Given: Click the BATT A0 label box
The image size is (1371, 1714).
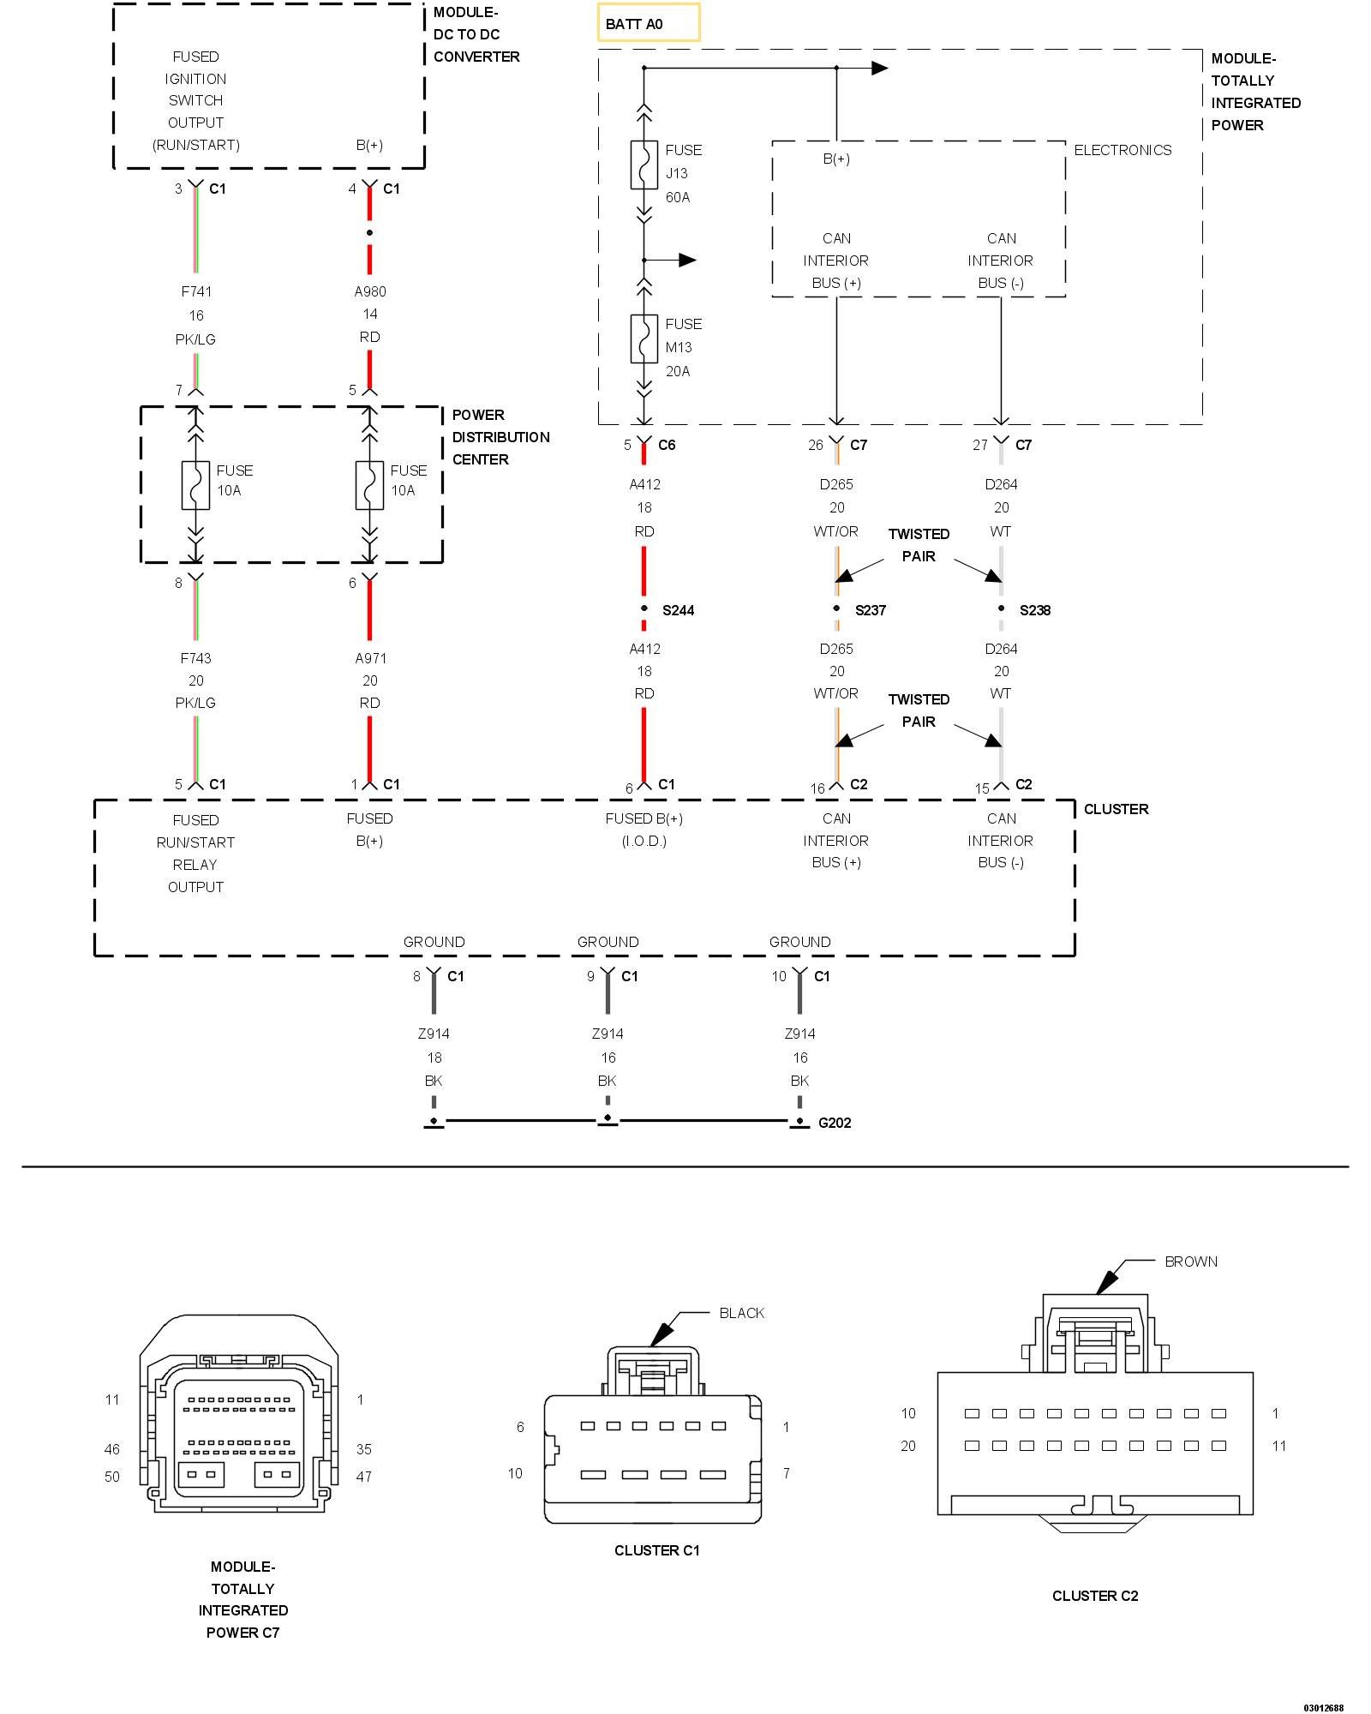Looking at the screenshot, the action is tap(649, 23).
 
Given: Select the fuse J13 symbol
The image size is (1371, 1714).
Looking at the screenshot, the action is tap(644, 165).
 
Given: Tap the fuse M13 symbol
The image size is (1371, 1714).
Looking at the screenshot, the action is tap(644, 339).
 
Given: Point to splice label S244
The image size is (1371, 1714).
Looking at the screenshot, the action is tap(678, 610).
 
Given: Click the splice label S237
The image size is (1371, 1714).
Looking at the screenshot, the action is tap(870, 610).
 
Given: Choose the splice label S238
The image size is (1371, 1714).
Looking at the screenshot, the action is tap(1034, 610).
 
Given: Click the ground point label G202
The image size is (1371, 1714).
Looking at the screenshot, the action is tap(835, 1123).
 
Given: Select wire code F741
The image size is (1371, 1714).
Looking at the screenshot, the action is tap(196, 291).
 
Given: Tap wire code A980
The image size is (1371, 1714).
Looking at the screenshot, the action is tap(370, 291).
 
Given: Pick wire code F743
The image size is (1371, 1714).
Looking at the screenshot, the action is tap(196, 658).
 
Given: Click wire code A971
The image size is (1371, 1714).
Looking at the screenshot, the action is tap(370, 658).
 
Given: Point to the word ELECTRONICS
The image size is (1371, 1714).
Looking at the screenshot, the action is tap(1123, 150).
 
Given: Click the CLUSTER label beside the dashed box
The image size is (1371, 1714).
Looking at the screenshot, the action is tap(1116, 809).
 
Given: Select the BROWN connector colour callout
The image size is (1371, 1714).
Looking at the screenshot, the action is tap(1191, 1262).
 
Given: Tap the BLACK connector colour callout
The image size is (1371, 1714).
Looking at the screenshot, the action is tap(741, 1313).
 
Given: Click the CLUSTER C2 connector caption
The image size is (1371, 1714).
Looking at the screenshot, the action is tap(1095, 1596).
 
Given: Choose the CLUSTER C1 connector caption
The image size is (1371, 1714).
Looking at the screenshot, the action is tap(657, 1550).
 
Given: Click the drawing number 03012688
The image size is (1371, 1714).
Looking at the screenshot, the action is tap(1324, 1708).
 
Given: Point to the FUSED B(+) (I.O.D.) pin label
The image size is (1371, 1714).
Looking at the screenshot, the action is tap(644, 830).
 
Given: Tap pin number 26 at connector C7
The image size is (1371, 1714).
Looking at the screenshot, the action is tap(815, 445).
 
